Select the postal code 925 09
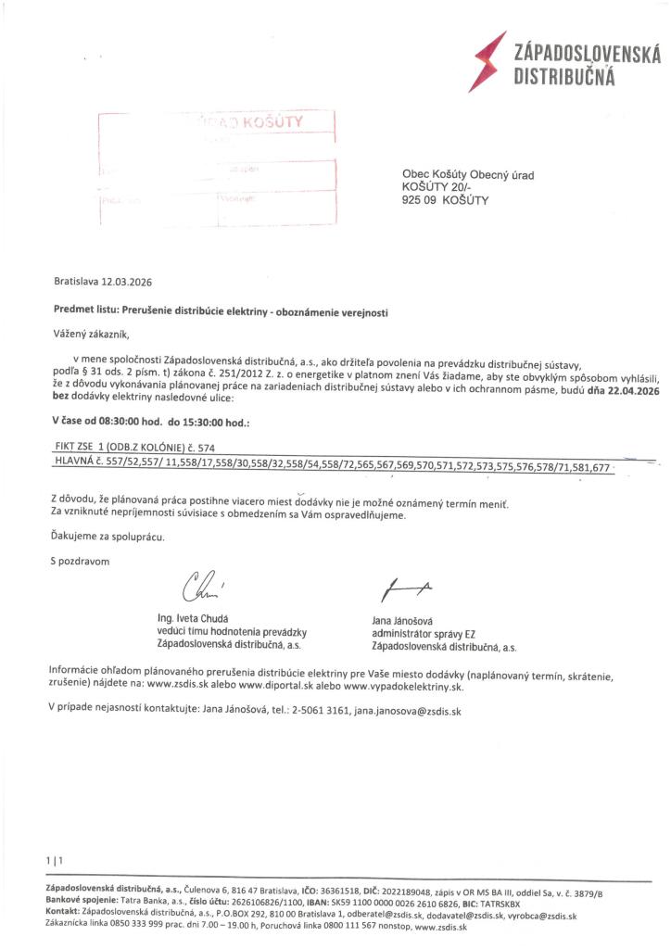(x=419, y=199)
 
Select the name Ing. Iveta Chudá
(x=194, y=618)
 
